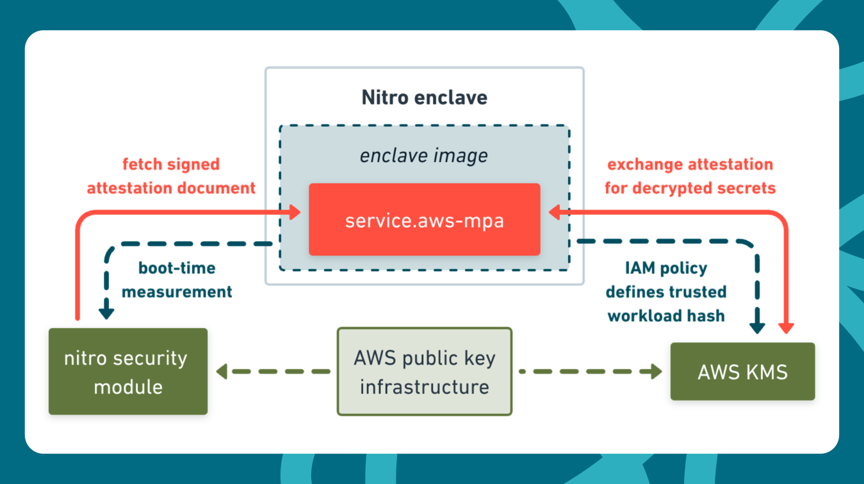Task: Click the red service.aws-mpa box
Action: point(424,220)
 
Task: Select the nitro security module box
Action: point(128,372)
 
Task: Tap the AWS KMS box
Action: point(742,372)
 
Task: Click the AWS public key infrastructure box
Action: point(424,372)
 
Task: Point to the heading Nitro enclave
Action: point(424,97)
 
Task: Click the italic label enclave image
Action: point(424,156)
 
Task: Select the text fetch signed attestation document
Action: point(171,176)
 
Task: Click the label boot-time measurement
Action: point(177,280)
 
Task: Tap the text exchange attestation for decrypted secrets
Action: point(690,176)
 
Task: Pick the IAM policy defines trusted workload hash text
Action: point(666,292)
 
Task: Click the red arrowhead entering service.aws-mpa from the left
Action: point(295,212)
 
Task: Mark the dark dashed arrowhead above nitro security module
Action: point(106,313)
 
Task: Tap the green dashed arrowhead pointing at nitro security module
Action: point(222,371)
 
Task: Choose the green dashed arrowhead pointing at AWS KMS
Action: point(655,371)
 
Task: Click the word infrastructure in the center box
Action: point(424,387)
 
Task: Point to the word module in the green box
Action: point(128,387)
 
